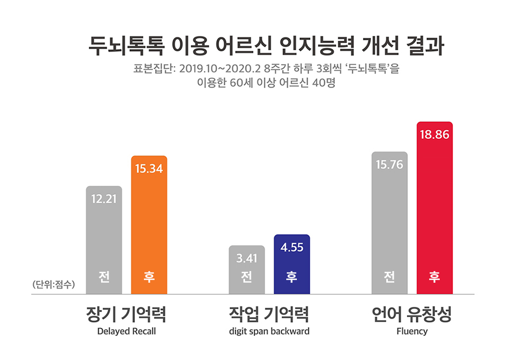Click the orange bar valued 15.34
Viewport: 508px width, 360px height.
click(149, 225)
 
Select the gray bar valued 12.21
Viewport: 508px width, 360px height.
click(104, 240)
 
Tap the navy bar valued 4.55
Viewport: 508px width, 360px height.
click(292, 264)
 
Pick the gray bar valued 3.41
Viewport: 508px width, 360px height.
click(247, 269)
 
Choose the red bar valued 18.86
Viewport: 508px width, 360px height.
click(434, 208)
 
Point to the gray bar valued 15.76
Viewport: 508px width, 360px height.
click(389, 222)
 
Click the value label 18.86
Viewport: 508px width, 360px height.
click(434, 135)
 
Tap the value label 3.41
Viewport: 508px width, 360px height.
click(247, 259)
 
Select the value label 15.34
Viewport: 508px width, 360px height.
click(149, 169)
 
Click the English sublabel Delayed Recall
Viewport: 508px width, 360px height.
click(126, 332)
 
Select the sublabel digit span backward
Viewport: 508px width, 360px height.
click(269, 332)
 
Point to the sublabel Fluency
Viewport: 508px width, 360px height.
click(412, 332)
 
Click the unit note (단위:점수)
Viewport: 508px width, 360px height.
click(54, 284)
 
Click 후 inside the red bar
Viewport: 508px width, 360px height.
click(434, 277)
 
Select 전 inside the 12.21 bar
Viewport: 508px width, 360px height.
click(104, 277)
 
